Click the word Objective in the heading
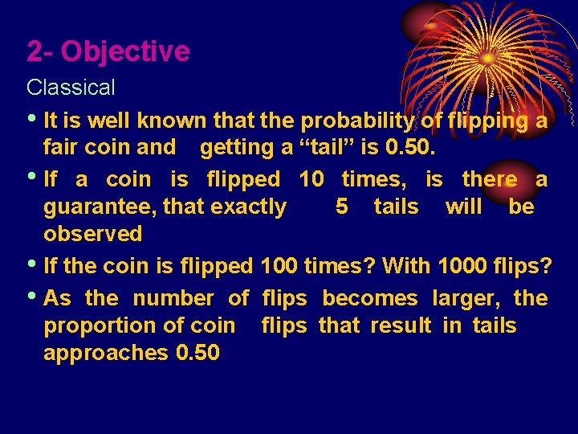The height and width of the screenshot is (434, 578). click(126, 52)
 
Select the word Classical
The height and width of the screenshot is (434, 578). click(71, 87)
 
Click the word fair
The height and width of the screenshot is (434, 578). click(63, 147)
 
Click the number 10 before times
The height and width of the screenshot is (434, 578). click(311, 179)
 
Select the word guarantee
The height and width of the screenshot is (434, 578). click(99, 207)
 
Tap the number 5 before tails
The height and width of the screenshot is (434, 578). click(342, 207)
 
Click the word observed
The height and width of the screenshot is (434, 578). click(92, 235)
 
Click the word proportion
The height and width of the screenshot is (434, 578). click(98, 326)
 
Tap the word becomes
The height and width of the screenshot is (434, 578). click(370, 299)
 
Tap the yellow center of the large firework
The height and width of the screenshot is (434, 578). click(487, 58)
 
